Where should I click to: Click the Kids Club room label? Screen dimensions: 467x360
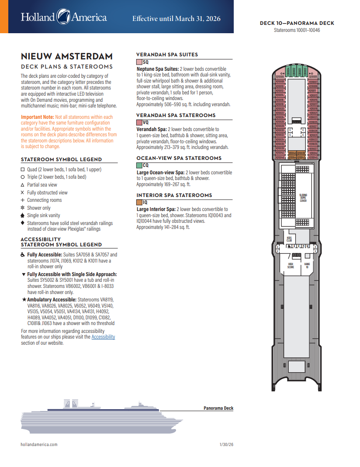(x=289, y=239)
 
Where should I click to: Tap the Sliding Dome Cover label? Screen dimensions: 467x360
(x=303, y=198)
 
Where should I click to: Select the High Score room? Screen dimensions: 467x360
(x=291, y=265)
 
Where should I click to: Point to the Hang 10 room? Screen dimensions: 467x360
(x=307, y=265)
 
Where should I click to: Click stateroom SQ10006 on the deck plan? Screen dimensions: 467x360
(x=280, y=77)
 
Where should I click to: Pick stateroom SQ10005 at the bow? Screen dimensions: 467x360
(x=313, y=77)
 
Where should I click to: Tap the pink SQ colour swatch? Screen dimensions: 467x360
(x=139, y=62)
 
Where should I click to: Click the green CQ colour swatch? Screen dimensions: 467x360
(x=139, y=166)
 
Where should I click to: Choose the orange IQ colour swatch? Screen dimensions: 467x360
(x=139, y=203)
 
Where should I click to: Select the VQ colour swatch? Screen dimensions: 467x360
(x=139, y=123)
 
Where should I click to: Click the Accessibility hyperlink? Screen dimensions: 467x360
(x=103, y=337)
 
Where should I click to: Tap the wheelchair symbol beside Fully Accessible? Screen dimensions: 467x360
(x=23, y=254)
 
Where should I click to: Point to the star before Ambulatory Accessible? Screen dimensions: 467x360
(x=24, y=299)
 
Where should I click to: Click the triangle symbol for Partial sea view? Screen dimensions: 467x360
(x=23, y=185)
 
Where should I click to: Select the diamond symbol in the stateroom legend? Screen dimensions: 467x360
(x=23, y=223)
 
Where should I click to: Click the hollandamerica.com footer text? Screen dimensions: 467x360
(x=39, y=444)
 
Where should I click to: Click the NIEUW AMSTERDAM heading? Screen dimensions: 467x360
(x=67, y=56)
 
